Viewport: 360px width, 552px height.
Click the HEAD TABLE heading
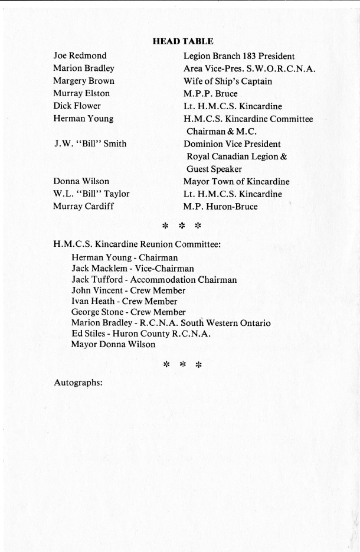(182, 41)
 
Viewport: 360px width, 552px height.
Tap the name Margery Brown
(84, 81)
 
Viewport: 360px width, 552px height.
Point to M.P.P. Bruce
(211, 94)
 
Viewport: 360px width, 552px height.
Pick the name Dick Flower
(77, 106)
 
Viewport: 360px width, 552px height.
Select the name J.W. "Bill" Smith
(90, 144)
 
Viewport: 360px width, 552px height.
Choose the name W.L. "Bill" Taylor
(91, 194)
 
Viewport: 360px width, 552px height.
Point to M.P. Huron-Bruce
(221, 207)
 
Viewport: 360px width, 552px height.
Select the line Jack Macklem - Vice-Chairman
(133, 269)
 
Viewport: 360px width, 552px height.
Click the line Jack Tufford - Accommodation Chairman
(154, 280)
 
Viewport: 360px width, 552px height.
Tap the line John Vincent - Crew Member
(129, 290)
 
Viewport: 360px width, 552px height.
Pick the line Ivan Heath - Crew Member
(125, 301)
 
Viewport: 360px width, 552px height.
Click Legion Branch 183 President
(239, 56)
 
